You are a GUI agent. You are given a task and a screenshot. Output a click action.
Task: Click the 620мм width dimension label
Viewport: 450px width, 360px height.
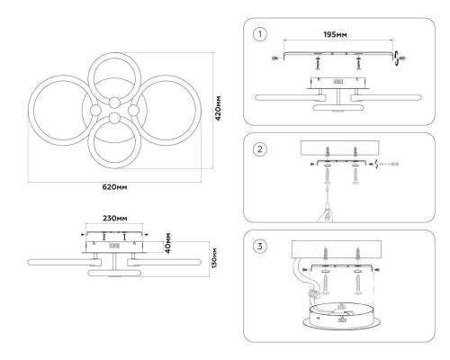(x=114, y=187)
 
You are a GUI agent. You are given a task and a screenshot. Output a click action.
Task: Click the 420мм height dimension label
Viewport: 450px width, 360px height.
(x=218, y=108)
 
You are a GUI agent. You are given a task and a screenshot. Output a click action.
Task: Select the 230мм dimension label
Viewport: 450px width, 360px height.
(x=115, y=218)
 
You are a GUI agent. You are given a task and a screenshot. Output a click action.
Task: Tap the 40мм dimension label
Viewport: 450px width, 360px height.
(x=167, y=243)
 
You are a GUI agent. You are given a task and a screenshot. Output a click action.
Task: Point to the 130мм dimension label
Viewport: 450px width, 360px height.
(x=215, y=258)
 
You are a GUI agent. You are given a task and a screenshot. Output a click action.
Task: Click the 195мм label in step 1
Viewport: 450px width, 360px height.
(x=335, y=35)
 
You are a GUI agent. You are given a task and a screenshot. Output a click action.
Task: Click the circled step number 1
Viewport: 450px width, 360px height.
(x=260, y=34)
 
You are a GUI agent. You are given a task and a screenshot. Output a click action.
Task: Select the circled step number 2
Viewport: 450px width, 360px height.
(x=260, y=149)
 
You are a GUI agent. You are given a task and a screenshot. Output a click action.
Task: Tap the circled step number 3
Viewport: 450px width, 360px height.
(x=260, y=247)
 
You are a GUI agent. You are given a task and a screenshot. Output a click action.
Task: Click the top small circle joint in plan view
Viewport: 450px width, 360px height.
(x=114, y=103)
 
